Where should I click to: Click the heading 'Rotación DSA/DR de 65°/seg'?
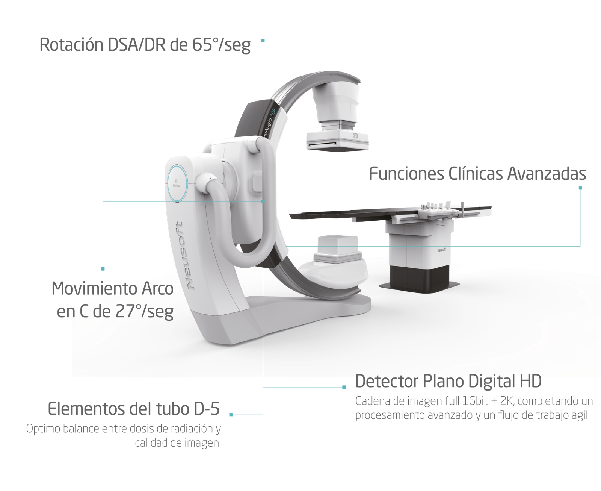[145, 45]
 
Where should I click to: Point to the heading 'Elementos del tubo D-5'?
[134, 409]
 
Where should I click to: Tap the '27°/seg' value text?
[144, 311]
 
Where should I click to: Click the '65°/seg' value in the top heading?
[221, 45]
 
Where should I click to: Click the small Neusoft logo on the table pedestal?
[441, 250]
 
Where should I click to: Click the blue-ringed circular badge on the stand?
[177, 183]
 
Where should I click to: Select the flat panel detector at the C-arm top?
[337, 141]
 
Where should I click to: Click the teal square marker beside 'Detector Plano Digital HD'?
[344, 387]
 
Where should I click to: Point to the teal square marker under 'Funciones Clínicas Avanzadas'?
[580, 188]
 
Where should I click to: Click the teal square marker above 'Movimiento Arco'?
[103, 269]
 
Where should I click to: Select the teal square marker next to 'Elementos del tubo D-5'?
[231, 415]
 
